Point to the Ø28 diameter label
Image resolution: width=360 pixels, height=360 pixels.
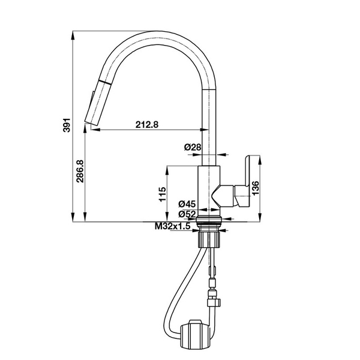191,146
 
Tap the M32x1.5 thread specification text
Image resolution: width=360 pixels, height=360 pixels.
172,226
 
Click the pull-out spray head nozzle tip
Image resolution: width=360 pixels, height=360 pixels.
94,122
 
